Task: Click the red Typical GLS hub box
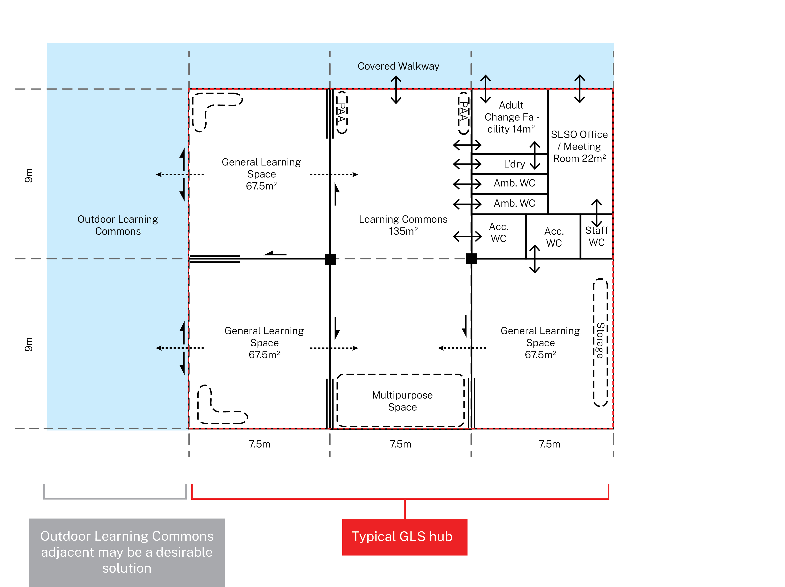click(404, 537)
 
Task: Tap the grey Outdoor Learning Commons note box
click(127, 552)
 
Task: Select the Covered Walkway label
click(398, 66)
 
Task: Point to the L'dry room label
click(514, 164)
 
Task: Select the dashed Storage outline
click(600, 342)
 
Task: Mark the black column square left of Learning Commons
click(330, 259)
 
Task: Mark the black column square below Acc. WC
click(471, 259)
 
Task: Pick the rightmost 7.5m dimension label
click(549, 444)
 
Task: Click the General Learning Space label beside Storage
click(540, 343)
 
